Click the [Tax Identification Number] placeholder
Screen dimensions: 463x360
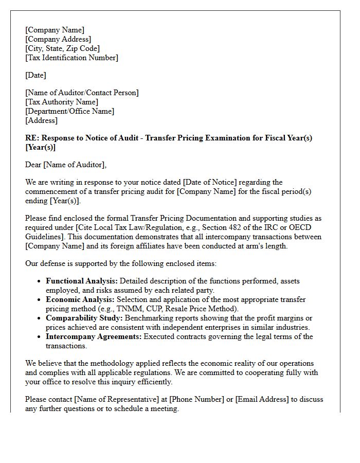point(71,58)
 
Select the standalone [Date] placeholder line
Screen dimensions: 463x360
point(35,75)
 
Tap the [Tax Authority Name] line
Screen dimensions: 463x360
point(62,102)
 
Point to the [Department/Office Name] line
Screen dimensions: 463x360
point(70,111)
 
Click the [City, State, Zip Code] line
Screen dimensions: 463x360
point(62,48)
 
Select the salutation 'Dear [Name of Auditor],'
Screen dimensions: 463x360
point(66,165)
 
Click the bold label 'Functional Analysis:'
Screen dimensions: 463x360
point(82,281)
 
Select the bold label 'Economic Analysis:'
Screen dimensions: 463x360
point(80,299)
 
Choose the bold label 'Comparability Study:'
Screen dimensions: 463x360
point(83,318)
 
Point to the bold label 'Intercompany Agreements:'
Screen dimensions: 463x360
point(94,336)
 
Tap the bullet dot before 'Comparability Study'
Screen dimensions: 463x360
point(40,318)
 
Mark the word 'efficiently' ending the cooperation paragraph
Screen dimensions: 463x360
point(154,382)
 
